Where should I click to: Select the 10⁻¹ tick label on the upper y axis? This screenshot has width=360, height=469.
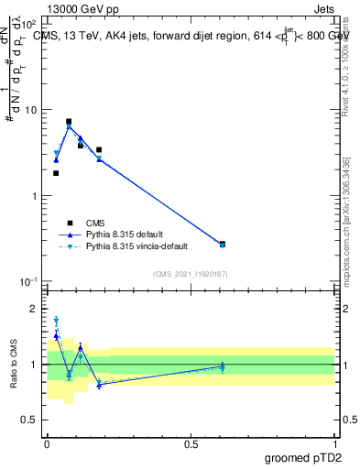tap(27, 282)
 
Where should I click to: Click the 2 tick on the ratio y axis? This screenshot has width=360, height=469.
tap(36, 309)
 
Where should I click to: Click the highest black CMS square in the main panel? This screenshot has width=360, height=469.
tap(69, 122)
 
